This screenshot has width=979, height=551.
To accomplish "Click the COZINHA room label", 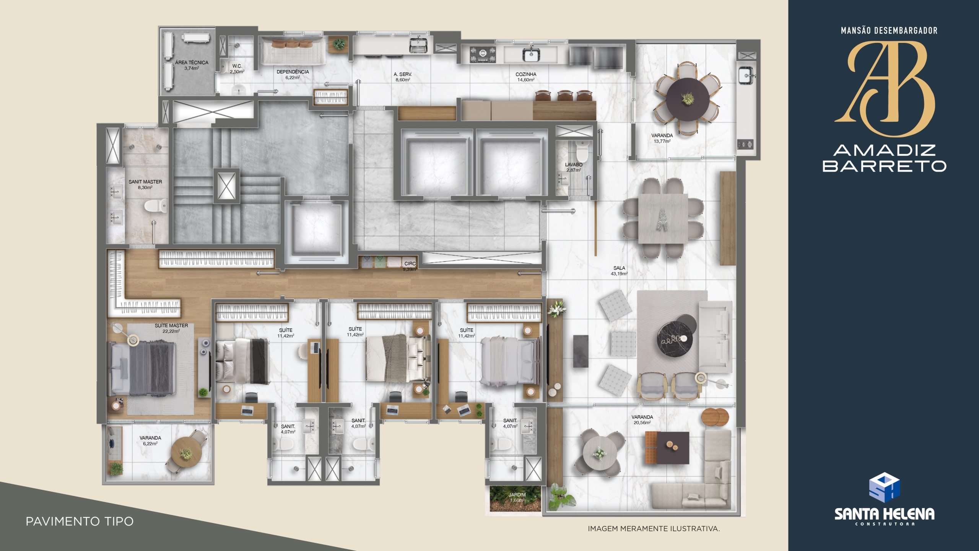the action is (x=526, y=74).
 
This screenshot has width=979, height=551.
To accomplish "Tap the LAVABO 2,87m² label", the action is (x=574, y=167).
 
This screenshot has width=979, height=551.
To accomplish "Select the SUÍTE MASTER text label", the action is (x=171, y=326).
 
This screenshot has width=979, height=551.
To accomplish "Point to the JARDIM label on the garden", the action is (x=517, y=495).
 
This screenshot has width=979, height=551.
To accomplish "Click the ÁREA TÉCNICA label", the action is (x=192, y=62).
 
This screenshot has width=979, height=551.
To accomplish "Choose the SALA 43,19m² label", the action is (x=619, y=271).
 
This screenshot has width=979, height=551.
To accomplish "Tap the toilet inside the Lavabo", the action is (x=582, y=152).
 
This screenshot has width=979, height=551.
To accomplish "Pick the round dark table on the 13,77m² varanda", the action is (x=687, y=99).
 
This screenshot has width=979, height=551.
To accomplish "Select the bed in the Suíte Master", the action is (x=142, y=369).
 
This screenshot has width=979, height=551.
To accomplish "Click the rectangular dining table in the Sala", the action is (x=663, y=218).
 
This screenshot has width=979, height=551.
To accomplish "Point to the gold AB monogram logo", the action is (x=885, y=89).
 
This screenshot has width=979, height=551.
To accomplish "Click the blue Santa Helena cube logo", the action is (x=884, y=487).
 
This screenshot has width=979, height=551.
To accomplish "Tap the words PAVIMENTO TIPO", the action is (x=80, y=522).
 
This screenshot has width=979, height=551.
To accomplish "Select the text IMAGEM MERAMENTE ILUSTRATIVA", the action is (x=654, y=529).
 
